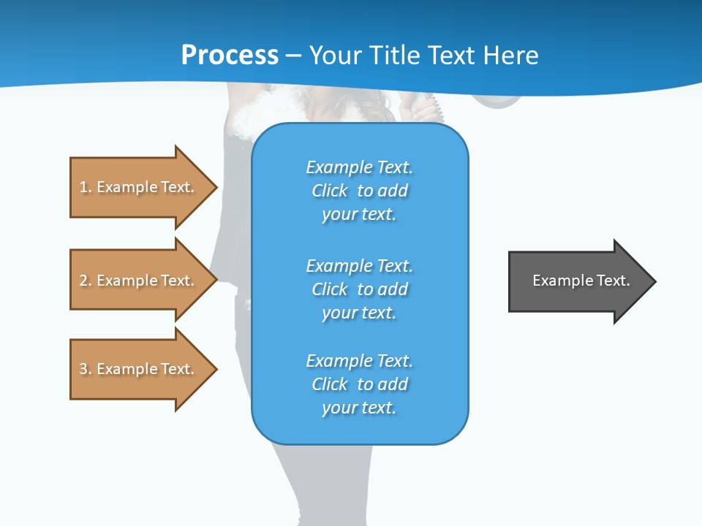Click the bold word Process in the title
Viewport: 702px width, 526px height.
230,56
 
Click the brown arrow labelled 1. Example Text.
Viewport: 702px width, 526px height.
139,187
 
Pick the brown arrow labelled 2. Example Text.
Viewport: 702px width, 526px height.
139,281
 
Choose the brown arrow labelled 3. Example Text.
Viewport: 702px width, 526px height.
139,369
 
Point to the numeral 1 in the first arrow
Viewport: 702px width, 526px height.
84,187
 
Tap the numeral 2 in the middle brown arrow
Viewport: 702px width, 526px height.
84,281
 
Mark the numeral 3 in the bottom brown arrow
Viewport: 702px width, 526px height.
84,369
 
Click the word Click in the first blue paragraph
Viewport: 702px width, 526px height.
330,191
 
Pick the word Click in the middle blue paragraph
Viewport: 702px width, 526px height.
330,289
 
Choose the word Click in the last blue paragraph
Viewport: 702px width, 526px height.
330,384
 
